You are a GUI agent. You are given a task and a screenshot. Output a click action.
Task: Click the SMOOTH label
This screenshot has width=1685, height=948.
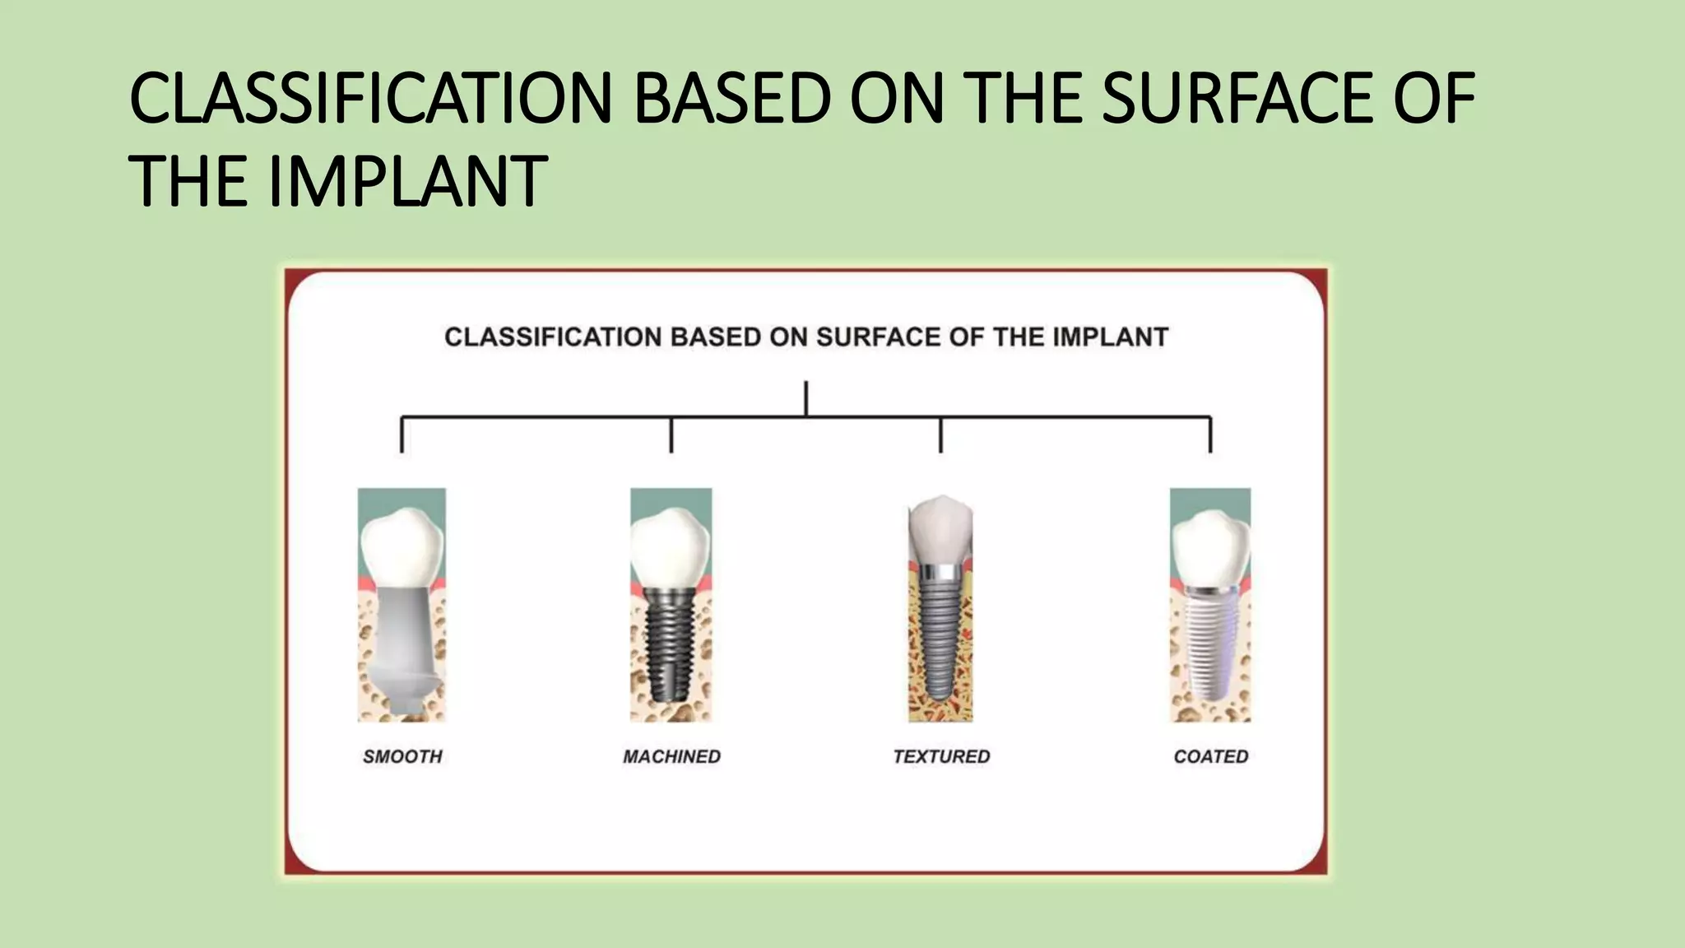[402, 756]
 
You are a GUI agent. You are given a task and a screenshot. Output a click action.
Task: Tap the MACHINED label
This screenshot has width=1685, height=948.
[671, 756]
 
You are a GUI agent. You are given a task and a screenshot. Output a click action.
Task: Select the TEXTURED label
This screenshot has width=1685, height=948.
[941, 756]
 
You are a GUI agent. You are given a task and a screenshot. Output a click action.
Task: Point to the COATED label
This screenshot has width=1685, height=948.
[1210, 756]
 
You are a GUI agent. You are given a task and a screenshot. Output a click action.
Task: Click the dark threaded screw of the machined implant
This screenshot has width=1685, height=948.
[670, 650]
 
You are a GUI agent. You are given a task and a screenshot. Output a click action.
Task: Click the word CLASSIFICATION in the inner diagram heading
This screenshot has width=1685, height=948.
[552, 337]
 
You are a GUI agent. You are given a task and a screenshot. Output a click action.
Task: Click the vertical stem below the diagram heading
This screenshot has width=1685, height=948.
[805, 398]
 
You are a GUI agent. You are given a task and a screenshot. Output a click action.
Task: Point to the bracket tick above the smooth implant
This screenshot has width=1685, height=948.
[402, 436]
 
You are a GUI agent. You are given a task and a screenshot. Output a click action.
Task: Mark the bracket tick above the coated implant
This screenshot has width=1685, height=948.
[1209, 436]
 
